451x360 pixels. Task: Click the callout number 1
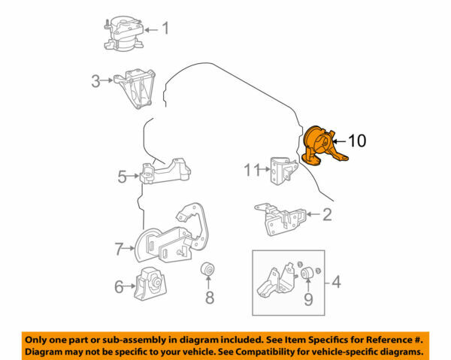(165, 30)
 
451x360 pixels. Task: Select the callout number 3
(95, 81)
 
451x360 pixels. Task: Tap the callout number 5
(122, 177)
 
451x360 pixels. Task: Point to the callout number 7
(118, 247)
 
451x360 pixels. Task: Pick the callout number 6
(118, 286)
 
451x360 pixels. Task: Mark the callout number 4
(336, 283)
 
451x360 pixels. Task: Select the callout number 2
(326, 216)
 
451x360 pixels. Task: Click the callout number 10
(358, 141)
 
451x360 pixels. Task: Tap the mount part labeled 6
(150, 284)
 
